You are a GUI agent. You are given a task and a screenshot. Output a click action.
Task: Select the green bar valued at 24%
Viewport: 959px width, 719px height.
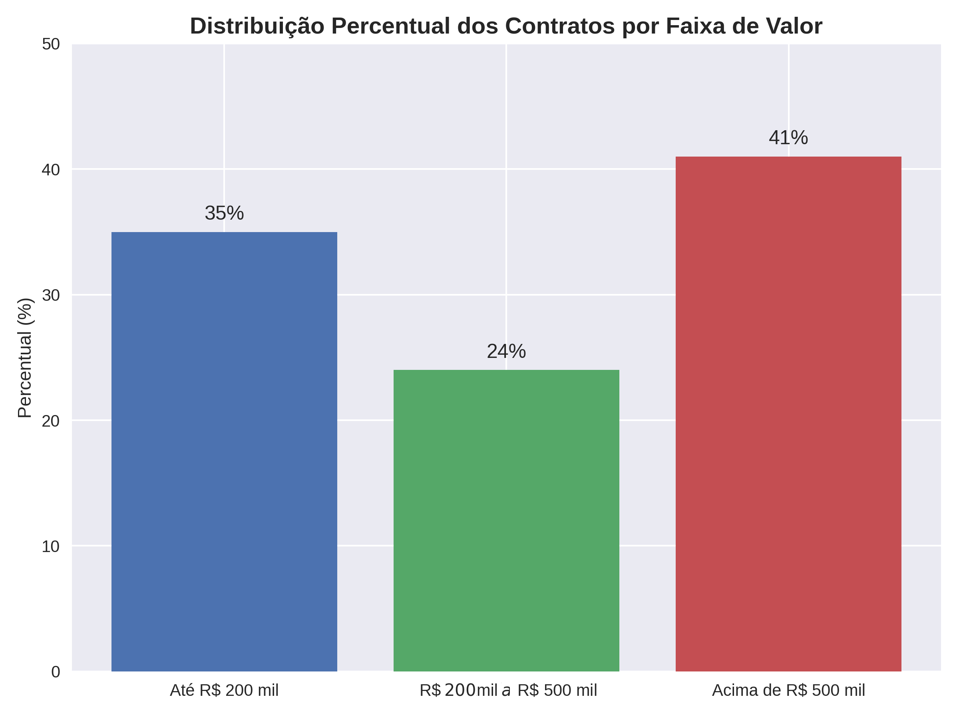tap(506, 520)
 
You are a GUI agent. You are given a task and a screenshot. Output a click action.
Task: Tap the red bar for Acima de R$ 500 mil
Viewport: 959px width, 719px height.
tap(788, 414)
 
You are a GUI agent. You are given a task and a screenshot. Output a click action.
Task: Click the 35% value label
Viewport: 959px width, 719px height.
tap(224, 213)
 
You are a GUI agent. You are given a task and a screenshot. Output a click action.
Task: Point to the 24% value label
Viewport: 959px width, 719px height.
tap(506, 352)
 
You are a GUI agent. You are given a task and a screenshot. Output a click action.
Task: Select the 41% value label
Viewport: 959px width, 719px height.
tap(788, 138)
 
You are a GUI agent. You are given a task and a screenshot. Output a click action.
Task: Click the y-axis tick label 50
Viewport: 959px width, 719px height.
tap(51, 44)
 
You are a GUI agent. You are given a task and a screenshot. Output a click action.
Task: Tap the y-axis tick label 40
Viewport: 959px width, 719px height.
tap(51, 170)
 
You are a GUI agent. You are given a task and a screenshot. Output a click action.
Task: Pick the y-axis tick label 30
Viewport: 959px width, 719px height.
tap(51, 296)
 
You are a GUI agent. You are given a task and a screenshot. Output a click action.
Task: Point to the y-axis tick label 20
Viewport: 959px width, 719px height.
tap(51, 421)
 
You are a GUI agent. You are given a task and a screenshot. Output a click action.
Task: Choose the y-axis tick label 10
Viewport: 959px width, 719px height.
tap(51, 546)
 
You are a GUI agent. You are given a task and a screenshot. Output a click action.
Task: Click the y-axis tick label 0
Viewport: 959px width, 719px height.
tap(56, 672)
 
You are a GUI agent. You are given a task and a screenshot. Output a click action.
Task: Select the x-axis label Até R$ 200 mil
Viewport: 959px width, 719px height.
tap(224, 690)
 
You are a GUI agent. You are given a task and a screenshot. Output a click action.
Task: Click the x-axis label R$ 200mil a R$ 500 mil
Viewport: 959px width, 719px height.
tap(508, 690)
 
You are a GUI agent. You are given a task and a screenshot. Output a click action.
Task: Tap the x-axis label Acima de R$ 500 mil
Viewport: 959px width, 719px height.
tap(788, 690)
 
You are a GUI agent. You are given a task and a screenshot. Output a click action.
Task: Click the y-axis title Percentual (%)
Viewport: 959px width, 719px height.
tap(25, 358)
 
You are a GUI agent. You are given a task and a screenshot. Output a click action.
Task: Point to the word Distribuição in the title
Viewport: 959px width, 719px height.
tap(257, 27)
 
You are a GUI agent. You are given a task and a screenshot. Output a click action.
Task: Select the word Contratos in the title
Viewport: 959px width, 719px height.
tap(560, 26)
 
